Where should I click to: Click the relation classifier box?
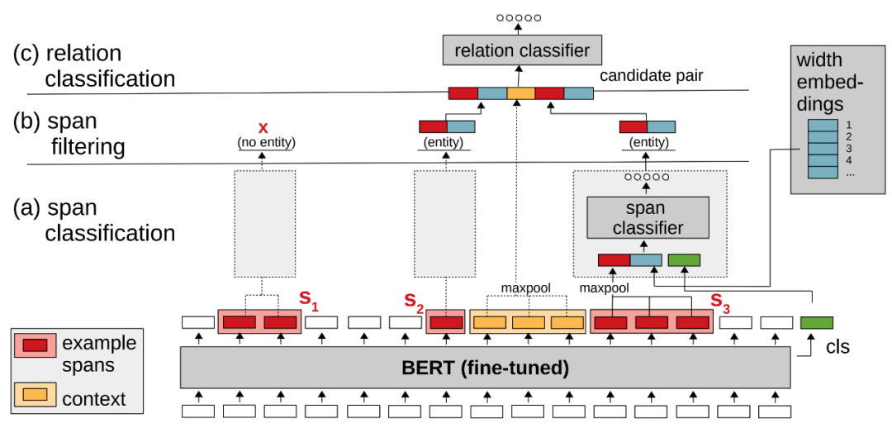[520, 50]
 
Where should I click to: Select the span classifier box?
[648, 217]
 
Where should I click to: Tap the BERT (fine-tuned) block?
[486, 368]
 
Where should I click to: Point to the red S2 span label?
[413, 304]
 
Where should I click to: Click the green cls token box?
[816, 323]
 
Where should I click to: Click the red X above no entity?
[263, 128]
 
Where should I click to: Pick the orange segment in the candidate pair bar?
[520, 93]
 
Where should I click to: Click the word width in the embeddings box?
[818, 60]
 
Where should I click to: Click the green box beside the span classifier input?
[684, 260]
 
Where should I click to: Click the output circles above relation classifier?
[519, 17]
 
